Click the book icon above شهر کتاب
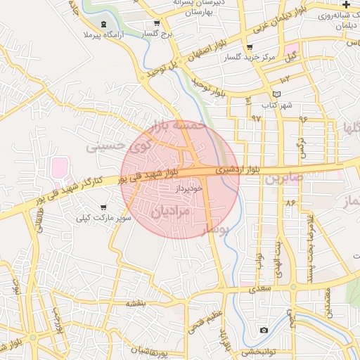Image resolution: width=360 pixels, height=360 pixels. click(x=276, y=95)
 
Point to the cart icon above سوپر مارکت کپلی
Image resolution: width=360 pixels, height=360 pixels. click(x=104, y=208)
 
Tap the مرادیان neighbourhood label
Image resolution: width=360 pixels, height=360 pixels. click(x=171, y=210)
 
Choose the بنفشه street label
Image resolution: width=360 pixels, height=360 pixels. click(x=135, y=303)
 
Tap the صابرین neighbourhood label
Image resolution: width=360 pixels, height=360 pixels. click(x=284, y=178)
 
